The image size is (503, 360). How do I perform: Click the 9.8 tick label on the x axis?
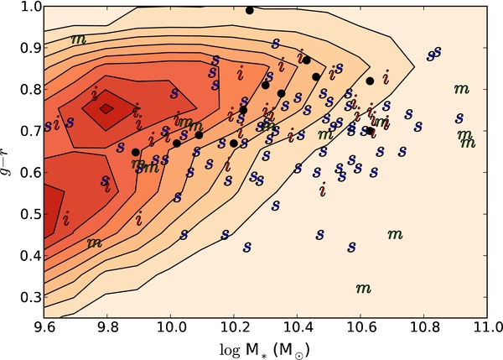point(107,329)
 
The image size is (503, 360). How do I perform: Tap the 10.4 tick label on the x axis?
point(297,329)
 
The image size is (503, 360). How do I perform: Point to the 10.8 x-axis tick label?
point(423,329)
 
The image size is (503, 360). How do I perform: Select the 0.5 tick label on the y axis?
point(29,214)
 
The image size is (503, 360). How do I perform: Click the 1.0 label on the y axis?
point(29,7)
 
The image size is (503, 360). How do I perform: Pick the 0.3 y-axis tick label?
point(29,297)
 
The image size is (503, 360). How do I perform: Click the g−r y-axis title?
point(7,163)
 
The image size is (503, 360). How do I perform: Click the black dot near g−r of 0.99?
point(250,11)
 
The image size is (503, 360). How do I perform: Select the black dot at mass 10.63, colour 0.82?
point(370,81)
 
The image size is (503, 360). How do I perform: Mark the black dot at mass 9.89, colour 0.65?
point(136,152)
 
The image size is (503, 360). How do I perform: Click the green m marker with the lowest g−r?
point(364,289)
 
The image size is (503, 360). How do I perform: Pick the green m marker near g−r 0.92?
point(79,39)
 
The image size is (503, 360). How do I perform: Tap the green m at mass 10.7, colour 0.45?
point(395,235)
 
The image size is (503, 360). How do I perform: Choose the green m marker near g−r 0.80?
point(462,89)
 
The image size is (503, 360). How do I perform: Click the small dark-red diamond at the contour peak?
point(106,109)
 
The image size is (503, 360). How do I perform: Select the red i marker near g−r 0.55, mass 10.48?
point(323,189)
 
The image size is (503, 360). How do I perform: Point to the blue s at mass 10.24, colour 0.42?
point(246,247)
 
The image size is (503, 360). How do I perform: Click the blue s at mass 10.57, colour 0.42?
point(351,247)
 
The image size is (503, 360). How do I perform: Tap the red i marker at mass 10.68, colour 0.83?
point(386,77)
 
